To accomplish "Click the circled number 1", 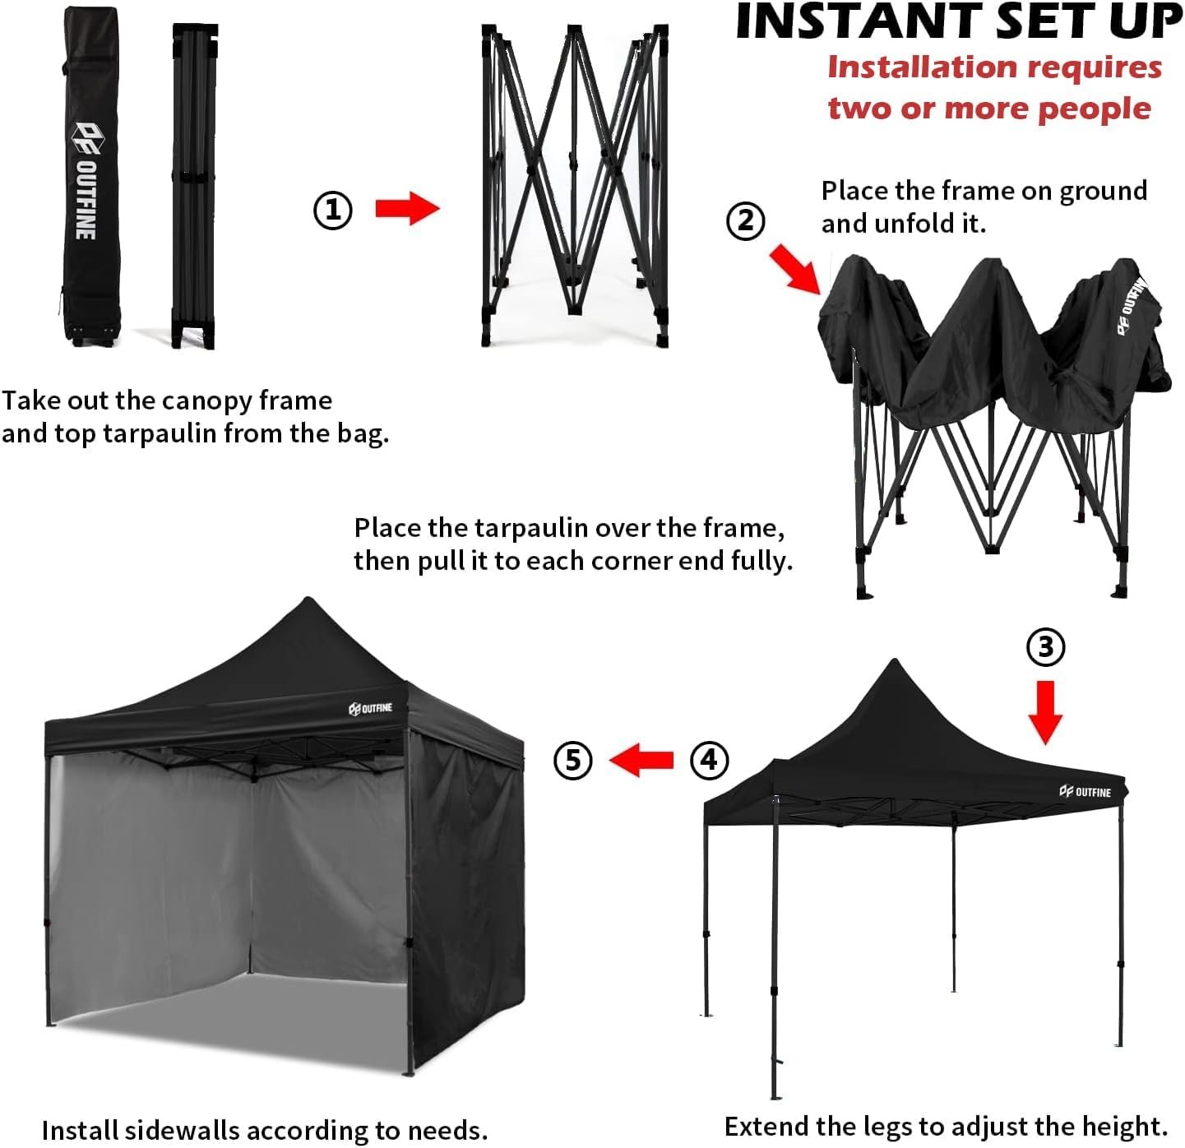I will (x=333, y=211).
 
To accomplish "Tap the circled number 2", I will (x=746, y=221).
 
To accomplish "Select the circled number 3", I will (x=1045, y=647).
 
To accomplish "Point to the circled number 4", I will (x=709, y=759).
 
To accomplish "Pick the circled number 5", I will (x=573, y=759).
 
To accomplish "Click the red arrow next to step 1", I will (x=407, y=209).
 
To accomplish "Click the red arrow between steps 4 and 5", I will (x=642, y=759).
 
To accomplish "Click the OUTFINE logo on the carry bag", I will (x=86, y=181).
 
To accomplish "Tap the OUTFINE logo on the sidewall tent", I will (x=371, y=708).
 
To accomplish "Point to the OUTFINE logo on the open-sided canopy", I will (x=1085, y=792).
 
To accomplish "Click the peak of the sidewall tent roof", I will (x=308, y=601).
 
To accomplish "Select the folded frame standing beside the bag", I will (x=194, y=185).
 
